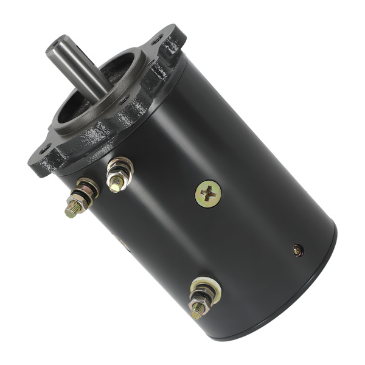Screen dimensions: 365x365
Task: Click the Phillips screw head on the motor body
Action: click(x=208, y=193)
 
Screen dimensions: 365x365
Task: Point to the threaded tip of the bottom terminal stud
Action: click(x=196, y=313)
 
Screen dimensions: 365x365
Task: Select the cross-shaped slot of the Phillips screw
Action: click(x=208, y=193)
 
